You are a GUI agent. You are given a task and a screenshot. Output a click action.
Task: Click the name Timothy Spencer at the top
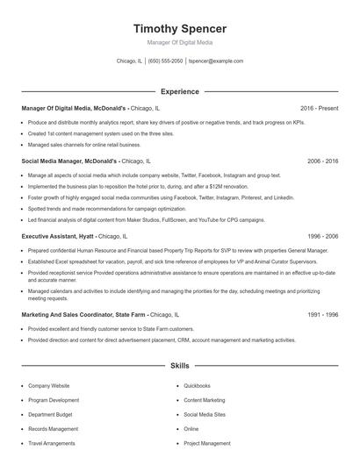coord(179,28)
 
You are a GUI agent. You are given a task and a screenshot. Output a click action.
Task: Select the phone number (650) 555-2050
coord(165,61)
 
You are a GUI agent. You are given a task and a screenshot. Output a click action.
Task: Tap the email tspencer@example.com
coord(215,61)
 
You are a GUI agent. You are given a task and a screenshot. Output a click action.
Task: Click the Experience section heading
coord(179,91)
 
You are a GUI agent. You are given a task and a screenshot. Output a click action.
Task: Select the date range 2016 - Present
coord(319,108)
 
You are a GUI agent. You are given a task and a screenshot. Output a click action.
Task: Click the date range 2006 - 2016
coord(322,161)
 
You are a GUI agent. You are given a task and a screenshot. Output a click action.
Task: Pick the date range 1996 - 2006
coord(322,237)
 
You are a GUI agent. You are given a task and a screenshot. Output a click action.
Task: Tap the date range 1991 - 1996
coord(322,313)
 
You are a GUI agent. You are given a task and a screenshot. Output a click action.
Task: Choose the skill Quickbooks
coord(197,385)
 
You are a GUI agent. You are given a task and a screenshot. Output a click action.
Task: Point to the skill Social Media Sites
coord(205,414)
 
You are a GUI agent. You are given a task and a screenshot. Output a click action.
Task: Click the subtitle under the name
coord(179,42)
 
